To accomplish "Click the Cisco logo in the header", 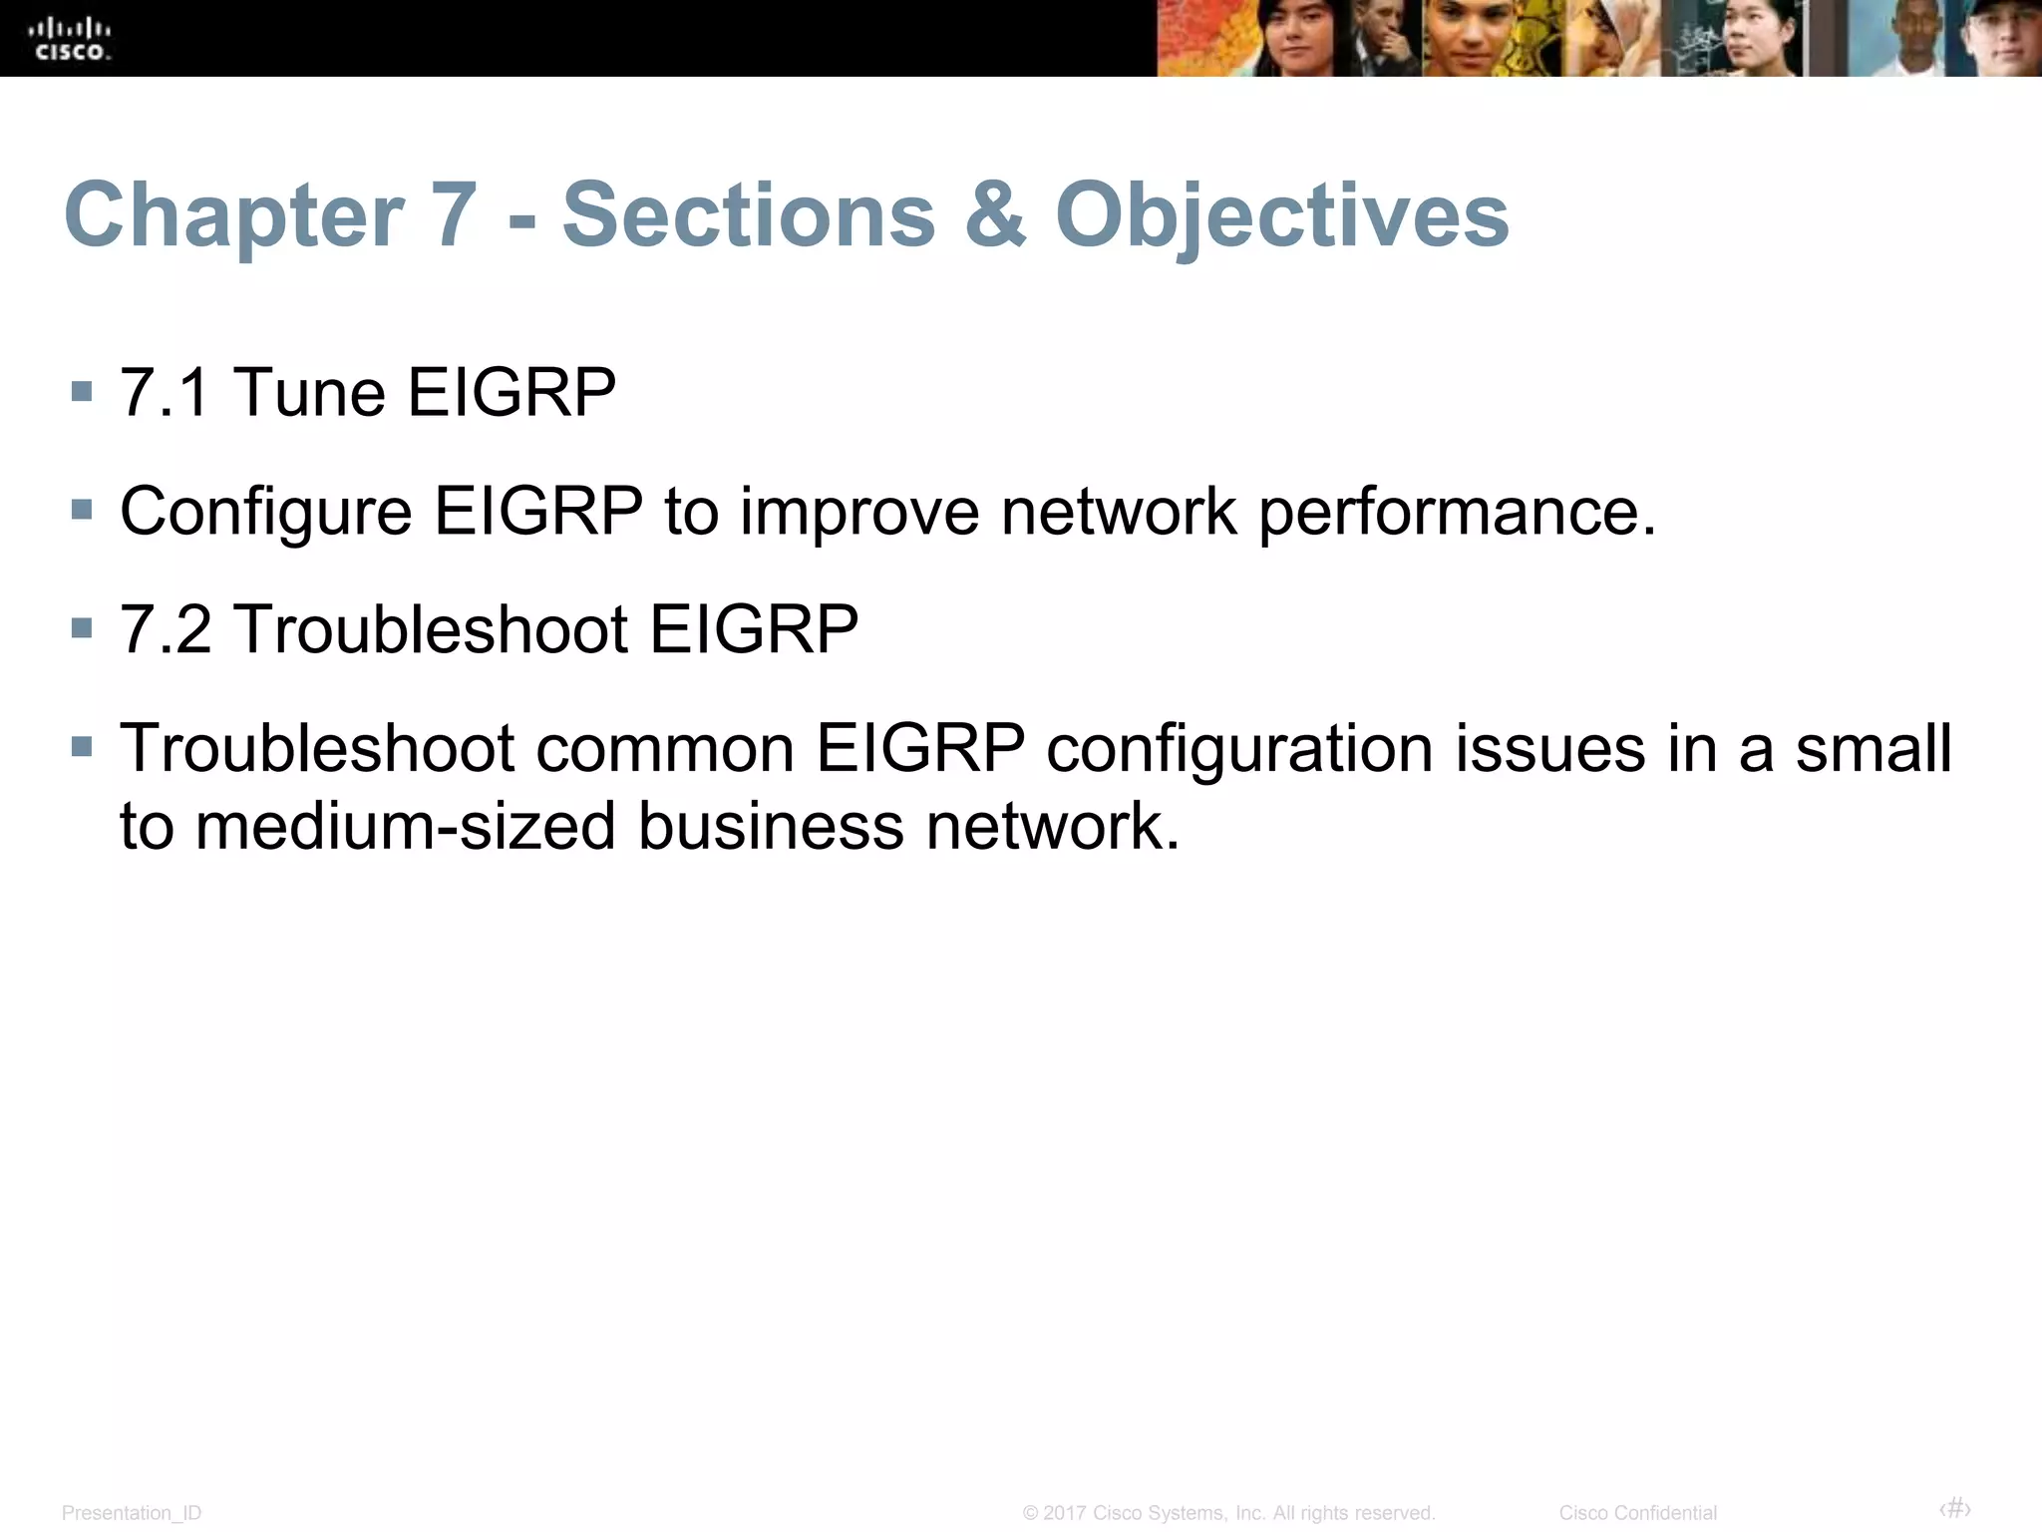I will click(71, 40).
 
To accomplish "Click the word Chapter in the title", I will click(234, 215).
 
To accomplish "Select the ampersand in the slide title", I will click(994, 215).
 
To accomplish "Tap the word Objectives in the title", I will click(1282, 215).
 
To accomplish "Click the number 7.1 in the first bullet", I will click(165, 392).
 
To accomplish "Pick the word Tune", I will click(309, 392).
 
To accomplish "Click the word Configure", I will click(265, 512).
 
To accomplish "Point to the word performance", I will click(1456, 512).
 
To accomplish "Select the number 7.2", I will click(166, 629).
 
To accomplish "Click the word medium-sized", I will click(405, 826).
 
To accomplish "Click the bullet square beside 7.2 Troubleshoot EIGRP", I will click(83, 628).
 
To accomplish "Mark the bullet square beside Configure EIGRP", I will click(83, 511).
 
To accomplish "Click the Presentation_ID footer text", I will click(132, 1513).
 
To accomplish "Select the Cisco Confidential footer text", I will click(1637, 1513).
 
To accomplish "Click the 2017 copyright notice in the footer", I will click(1228, 1513).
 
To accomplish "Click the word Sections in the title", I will click(749, 215).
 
